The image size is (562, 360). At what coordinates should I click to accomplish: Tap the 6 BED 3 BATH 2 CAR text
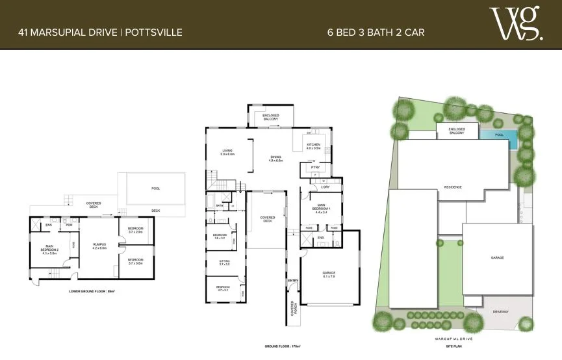click(376, 31)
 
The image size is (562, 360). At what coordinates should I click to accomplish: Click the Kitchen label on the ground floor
click(313, 146)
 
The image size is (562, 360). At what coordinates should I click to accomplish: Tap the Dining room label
click(275, 159)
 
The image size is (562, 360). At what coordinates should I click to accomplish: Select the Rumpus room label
click(99, 246)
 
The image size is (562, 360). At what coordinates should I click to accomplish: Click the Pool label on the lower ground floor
click(155, 189)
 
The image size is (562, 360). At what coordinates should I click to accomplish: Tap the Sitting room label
click(224, 263)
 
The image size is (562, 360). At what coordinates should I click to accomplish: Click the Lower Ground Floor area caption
click(92, 291)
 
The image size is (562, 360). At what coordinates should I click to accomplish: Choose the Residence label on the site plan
click(453, 187)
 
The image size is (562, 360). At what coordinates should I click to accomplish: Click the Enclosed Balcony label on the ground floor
click(271, 118)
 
